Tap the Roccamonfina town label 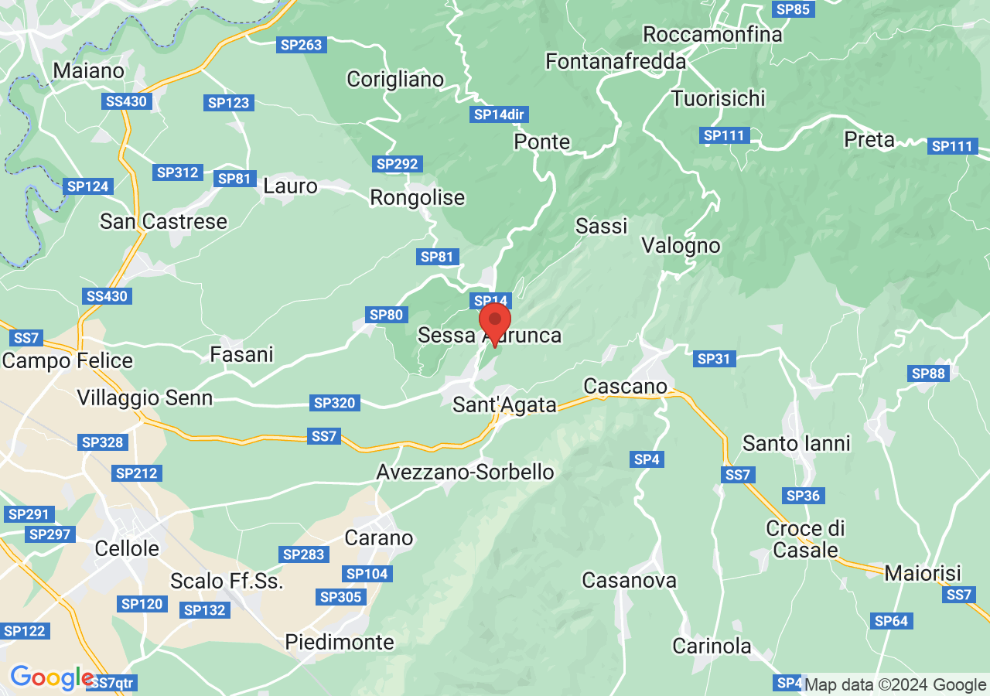click(x=712, y=35)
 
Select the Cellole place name click(x=127, y=548)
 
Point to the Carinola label click(x=712, y=646)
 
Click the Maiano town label click(x=88, y=70)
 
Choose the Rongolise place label click(x=417, y=198)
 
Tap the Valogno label click(x=681, y=246)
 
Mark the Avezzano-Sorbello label click(x=465, y=472)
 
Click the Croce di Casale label click(x=805, y=539)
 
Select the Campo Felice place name click(x=67, y=360)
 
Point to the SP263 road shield click(x=301, y=45)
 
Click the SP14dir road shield click(x=499, y=114)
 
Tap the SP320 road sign click(x=334, y=403)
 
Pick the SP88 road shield click(x=928, y=374)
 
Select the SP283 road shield click(x=303, y=554)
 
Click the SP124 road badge click(x=88, y=186)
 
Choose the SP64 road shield click(x=891, y=620)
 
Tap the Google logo click(x=51, y=677)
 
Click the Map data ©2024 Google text click(x=896, y=684)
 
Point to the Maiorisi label click(x=922, y=574)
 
